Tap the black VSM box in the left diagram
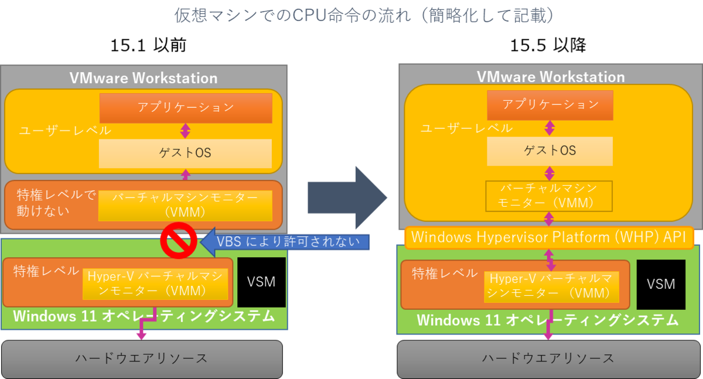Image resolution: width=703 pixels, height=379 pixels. (x=261, y=282)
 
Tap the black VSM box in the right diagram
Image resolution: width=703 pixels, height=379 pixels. (x=661, y=284)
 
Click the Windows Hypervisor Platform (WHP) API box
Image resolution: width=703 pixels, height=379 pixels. (x=549, y=237)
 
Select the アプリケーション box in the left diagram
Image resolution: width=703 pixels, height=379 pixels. (x=186, y=108)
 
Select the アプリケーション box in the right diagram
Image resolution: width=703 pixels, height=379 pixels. (x=550, y=105)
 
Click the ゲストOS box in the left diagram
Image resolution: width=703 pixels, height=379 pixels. (x=185, y=153)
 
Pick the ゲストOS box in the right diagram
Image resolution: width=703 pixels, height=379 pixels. (x=550, y=151)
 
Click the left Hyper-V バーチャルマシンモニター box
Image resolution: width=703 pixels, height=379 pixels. (x=155, y=282)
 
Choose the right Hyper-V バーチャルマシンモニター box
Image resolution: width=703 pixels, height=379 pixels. (x=551, y=285)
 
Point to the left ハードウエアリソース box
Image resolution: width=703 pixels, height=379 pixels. (x=142, y=358)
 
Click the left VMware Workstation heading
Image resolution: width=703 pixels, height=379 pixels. (x=144, y=78)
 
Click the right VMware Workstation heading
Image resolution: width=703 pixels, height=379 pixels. (x=550, y=77)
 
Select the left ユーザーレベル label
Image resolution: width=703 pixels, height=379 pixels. (x=56, y=131)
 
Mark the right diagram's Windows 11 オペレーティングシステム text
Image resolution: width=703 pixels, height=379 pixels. (x=547, y=320)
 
